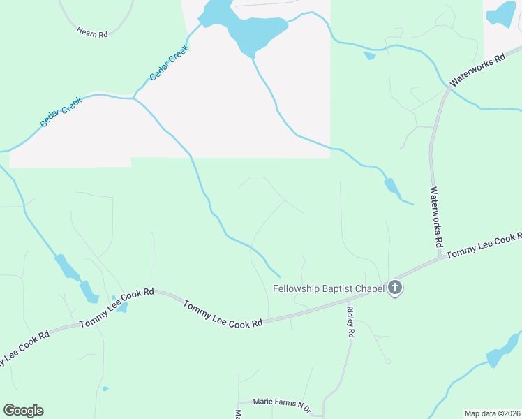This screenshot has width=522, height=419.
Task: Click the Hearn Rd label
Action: tap(93, 33)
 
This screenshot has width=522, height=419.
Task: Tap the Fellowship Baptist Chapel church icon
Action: tap(395, 288)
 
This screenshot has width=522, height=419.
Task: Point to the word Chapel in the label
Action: tap(368, 288)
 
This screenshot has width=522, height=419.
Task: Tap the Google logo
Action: tap(23, 411)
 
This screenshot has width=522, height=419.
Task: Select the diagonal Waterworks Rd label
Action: tap(477, 72)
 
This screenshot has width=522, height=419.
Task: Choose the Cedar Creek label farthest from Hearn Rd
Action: tap(61, 112)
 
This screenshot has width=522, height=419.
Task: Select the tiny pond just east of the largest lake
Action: tap(369, 56)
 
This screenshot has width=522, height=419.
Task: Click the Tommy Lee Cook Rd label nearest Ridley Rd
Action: tap(223, 314)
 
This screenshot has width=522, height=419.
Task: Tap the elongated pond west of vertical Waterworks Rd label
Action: tap(391, 186)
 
